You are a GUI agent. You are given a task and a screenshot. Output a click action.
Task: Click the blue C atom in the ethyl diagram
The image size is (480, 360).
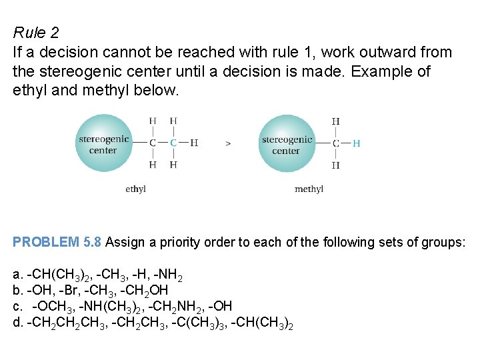click(x=173, y=143)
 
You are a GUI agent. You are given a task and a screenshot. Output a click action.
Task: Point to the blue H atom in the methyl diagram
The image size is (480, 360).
click(x=356, y=143)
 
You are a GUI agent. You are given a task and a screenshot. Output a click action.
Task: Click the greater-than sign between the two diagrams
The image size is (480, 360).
click(x=229, y=143)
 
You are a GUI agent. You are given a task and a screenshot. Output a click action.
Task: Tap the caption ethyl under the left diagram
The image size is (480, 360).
click(x=135, y=189)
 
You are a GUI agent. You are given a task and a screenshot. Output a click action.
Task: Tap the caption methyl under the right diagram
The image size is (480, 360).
click(x=309, y=189)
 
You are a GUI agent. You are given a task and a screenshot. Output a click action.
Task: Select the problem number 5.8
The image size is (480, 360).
click(x=93, y=242)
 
